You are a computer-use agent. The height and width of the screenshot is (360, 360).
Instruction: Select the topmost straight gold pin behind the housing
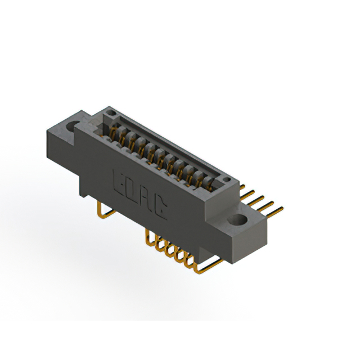point(243,186)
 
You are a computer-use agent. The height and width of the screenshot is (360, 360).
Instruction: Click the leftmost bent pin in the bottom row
point(147,236)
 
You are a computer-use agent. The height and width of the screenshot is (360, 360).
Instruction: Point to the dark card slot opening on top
point(169,149)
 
